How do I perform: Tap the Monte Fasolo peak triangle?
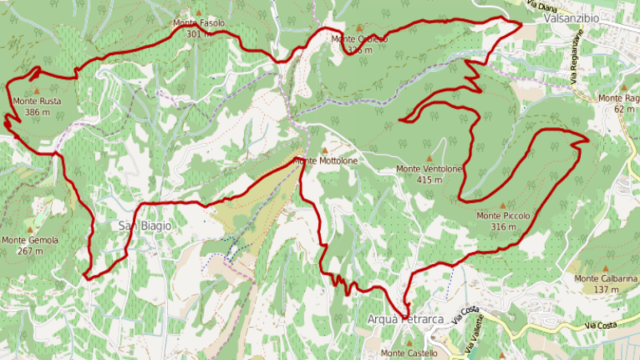tap(198, 13)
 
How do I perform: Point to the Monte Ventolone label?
tap(430, 170)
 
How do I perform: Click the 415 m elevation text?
tap(430, 180)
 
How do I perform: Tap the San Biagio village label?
tap(145, 226)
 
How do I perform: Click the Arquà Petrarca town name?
tap(405, 319)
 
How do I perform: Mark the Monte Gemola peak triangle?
tap(37, 229)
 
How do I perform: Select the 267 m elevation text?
tap(30, 250)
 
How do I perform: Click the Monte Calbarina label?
tap(606, 278)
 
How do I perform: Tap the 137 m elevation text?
tap(606, 289)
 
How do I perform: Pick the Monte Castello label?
tap(409, 353)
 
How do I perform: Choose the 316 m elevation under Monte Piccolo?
tap(503, 226)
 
